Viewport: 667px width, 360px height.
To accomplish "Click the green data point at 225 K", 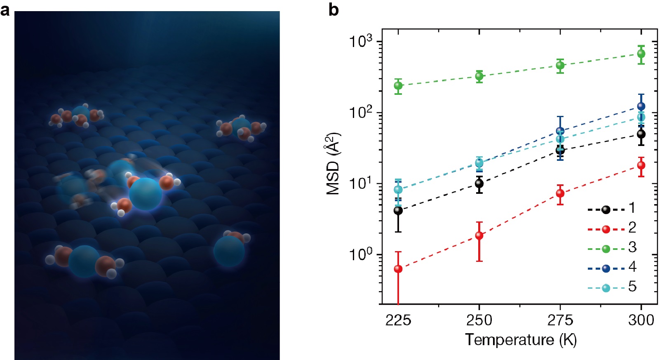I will coord(398,86).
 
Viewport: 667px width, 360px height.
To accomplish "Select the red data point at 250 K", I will coord(479,235).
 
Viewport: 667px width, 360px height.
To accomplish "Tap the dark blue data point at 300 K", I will coord(641,106).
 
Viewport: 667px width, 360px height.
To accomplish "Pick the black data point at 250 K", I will coord(479,183).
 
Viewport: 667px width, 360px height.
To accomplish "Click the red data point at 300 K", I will coord(641,165).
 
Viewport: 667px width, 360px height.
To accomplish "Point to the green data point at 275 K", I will coord(560,65).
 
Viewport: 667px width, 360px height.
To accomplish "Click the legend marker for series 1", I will coord(606,209).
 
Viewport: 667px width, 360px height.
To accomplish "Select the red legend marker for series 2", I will coord(606,229).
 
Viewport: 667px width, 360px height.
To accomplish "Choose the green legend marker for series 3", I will coord(606,249).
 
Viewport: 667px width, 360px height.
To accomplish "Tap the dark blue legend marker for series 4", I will coord(606,268).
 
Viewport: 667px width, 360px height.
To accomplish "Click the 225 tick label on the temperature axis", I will coord(398,320).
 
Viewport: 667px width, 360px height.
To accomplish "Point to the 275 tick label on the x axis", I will coord(560,320).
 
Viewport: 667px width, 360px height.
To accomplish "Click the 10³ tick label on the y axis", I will coord(361,41).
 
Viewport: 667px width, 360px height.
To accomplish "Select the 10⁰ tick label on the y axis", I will coord(361,254).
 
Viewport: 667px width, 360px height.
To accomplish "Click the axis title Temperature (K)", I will coord(521,340).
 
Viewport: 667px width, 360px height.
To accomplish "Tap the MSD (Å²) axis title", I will coord(333,164).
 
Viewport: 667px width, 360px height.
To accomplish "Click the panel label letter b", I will coord(333,10).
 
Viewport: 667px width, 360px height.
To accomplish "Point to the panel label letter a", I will coord(5,10).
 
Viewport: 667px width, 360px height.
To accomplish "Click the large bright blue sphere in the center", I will coord(145,193).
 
